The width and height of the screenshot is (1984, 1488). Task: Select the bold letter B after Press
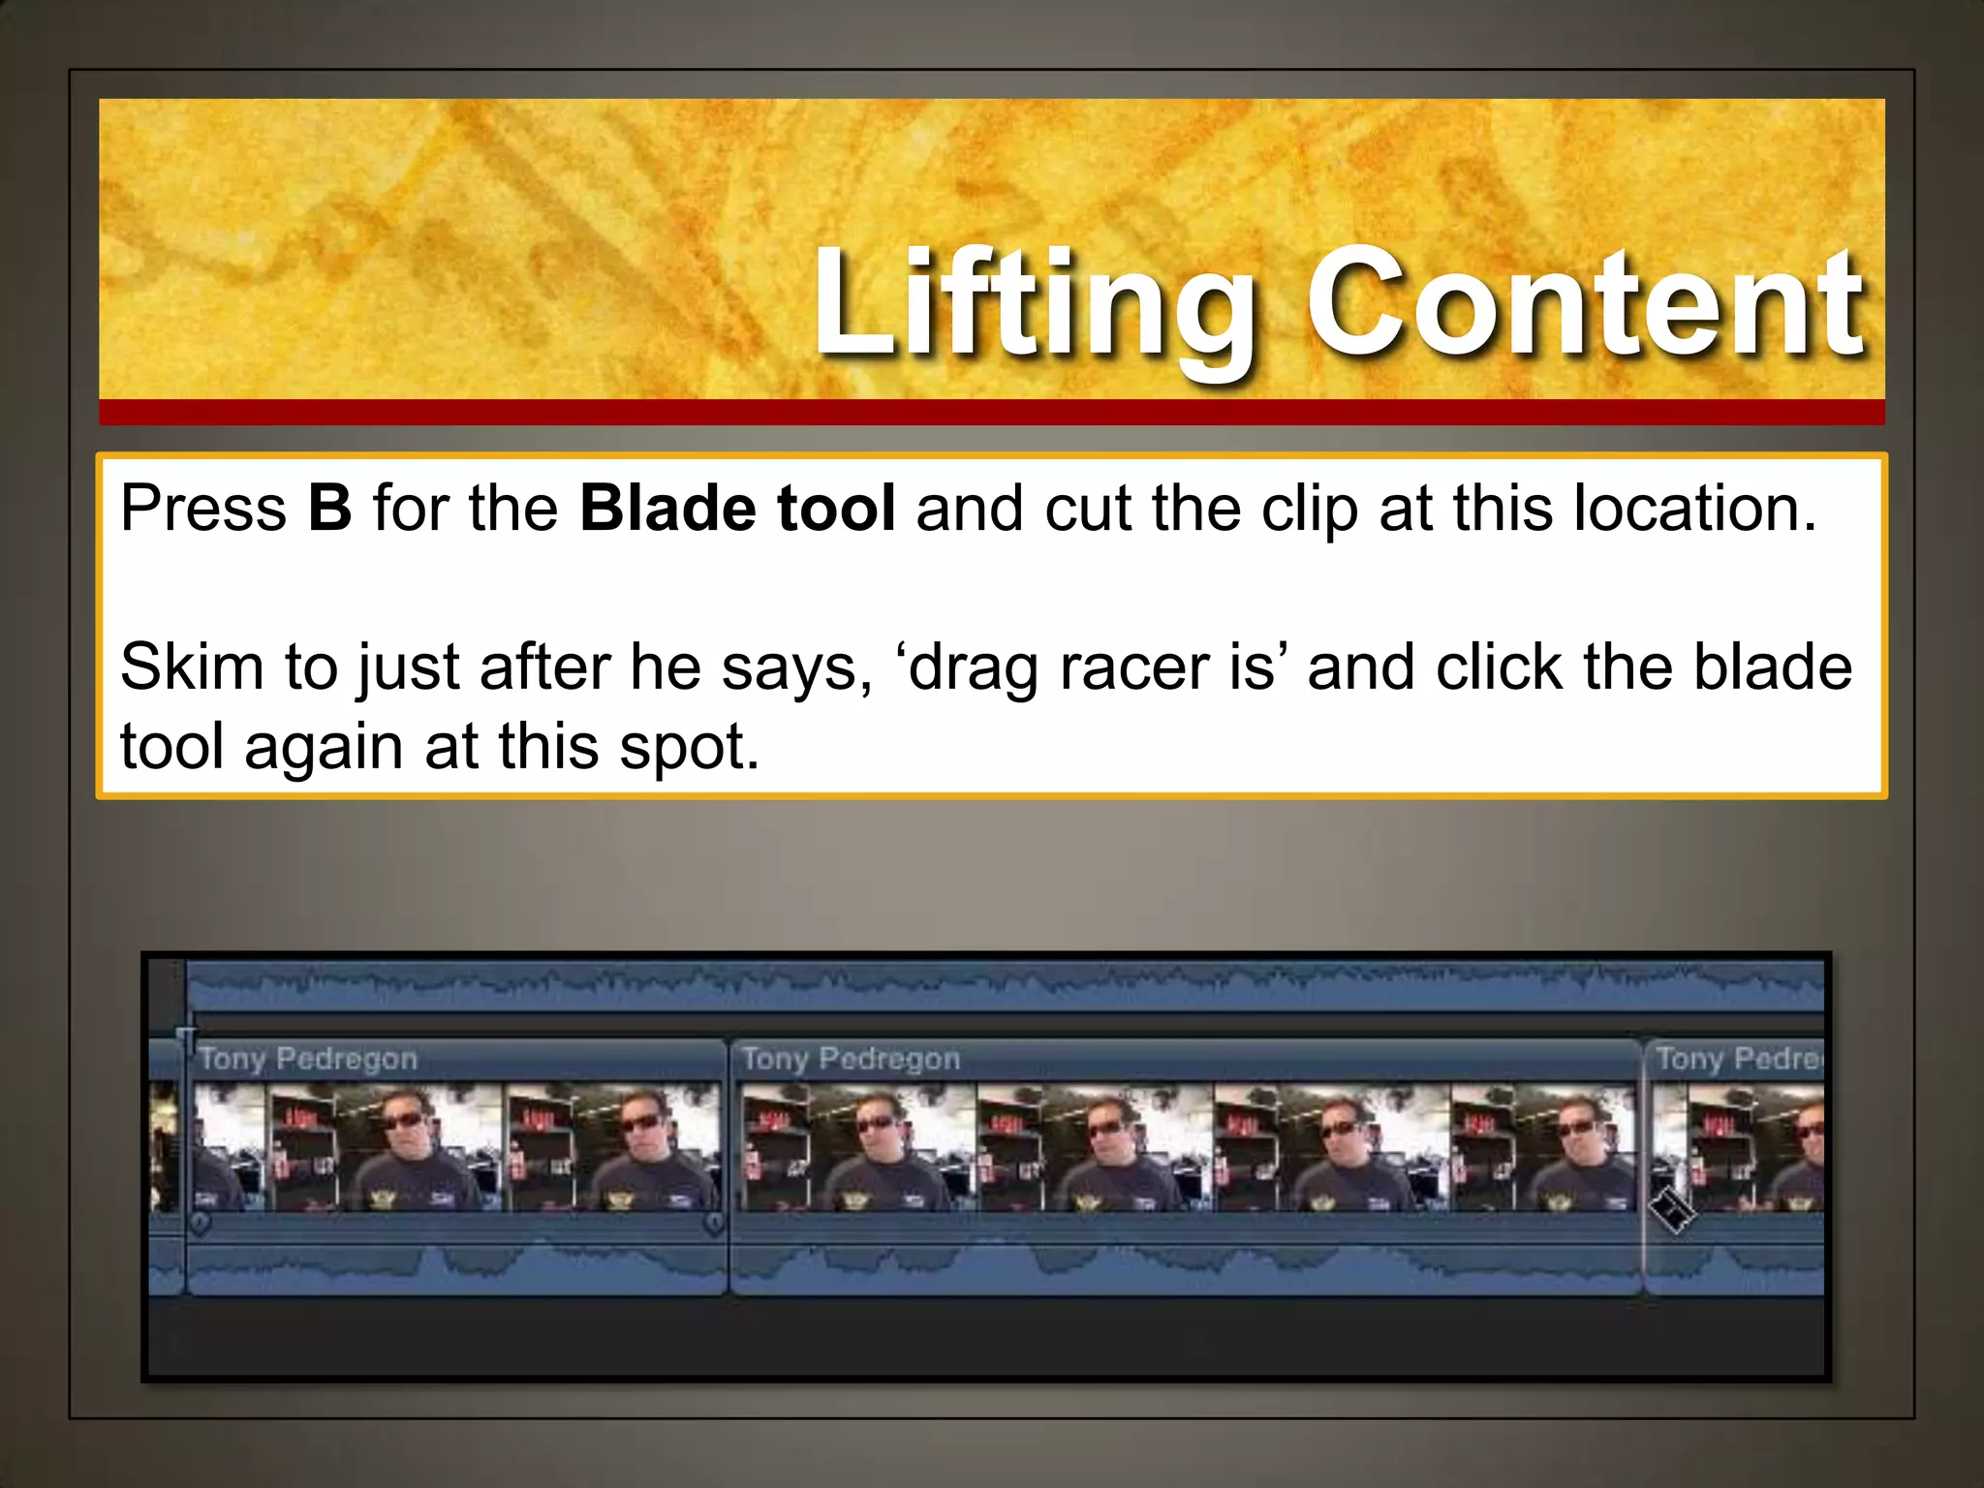coord(329,508)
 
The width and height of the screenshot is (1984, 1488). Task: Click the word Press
coord(203,508)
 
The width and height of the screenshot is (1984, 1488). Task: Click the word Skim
coord(192,667)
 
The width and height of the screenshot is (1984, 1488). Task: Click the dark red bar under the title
coord(991,413)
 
